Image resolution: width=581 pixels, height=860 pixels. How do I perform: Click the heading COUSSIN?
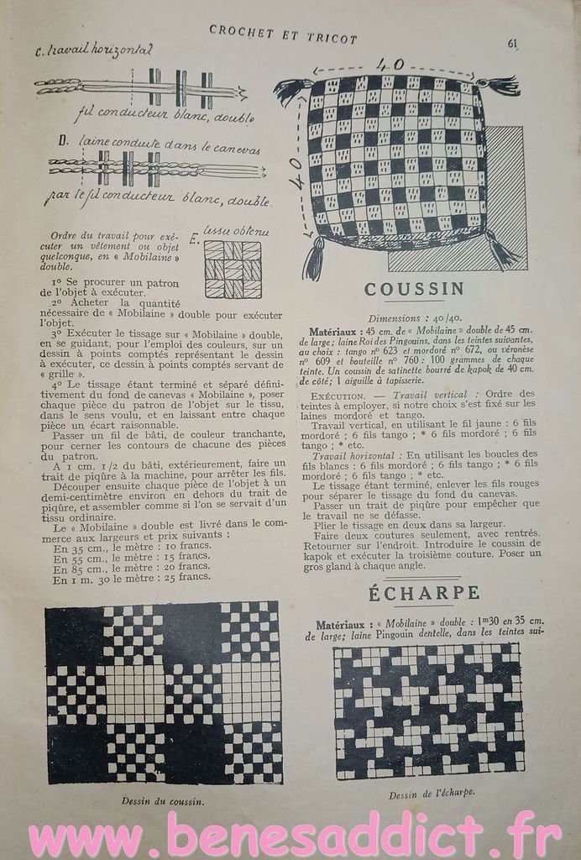pos(414,290)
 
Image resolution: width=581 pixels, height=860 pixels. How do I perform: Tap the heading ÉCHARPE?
pos(424,594)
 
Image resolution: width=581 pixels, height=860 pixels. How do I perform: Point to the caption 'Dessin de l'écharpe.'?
pos(432,792)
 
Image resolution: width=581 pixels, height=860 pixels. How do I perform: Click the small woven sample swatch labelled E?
pos(232,270)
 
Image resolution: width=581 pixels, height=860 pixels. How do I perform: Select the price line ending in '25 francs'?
pos(130,578)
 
